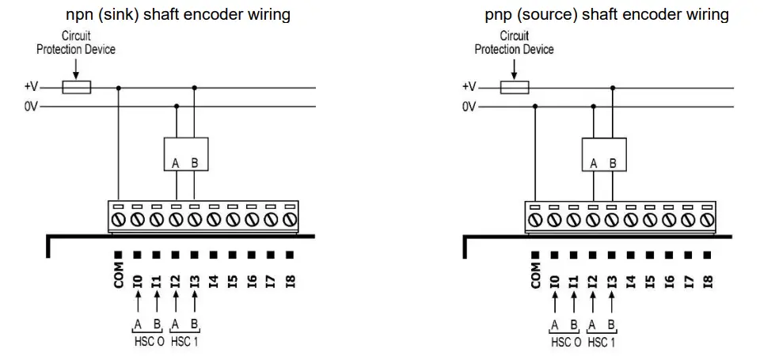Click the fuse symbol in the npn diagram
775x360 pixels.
76,87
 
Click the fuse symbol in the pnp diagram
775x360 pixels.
515,87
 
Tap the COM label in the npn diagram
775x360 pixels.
118,277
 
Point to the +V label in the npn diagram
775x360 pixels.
31,87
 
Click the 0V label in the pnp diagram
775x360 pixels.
469,106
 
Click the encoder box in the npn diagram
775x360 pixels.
186,154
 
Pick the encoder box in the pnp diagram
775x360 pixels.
604,154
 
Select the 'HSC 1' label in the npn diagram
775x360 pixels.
184,342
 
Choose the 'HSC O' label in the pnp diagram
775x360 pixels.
567,342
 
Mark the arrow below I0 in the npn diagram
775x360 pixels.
138,301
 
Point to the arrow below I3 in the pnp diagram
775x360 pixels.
612,301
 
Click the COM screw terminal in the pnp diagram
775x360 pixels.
535,219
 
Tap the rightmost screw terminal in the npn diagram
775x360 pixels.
290,219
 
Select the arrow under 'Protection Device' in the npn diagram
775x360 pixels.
76,69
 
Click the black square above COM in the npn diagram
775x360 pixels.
118,255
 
